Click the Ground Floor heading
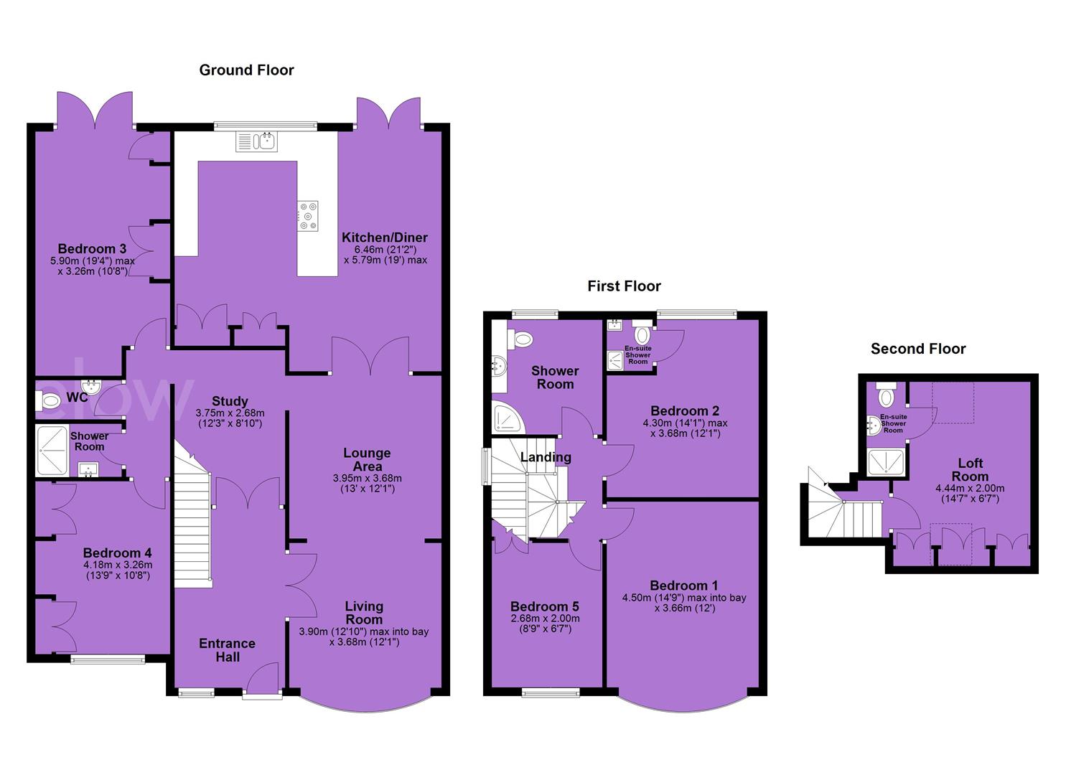point(246,70)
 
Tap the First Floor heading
point(624,286)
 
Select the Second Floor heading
point(918,349)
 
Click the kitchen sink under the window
point(256,142)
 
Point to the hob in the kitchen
point(308,216)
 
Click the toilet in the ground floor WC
point(49,400)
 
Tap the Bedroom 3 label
point(93,248)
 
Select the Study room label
point(230,401)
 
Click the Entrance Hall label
point(227,650)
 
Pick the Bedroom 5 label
point(545,606)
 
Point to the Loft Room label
point(971,469)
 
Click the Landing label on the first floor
point(546,457)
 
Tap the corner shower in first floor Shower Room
point(508,417)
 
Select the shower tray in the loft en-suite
point(886,462)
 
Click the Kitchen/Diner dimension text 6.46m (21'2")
point(385,249)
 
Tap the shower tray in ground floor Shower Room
point(52,451)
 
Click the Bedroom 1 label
point(684,585)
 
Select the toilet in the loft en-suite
point(886,395)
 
